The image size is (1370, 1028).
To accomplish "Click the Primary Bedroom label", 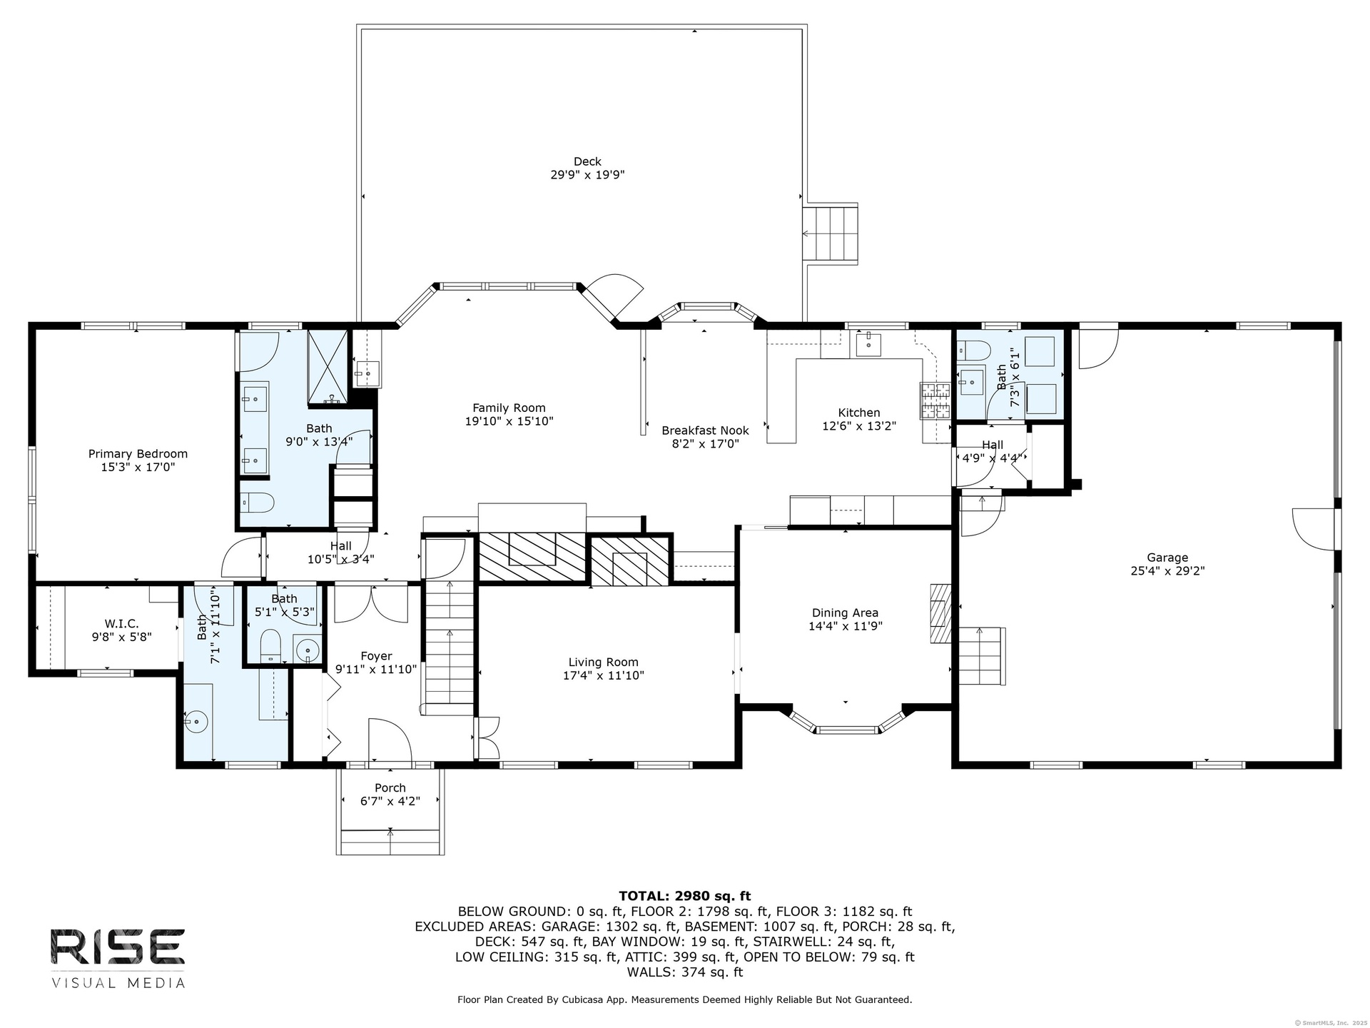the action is tap(138, 454).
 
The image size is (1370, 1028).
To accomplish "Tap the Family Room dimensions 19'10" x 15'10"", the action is tap(509, 422).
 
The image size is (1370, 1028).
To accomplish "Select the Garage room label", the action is tap(1167, 558).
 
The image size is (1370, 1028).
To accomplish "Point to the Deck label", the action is tap(587, 161).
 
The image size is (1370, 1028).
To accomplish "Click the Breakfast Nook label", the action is tap(705, 430).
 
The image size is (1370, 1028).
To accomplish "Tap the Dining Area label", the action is tap(845, 613).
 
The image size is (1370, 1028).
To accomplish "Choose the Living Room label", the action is tap(603, 662).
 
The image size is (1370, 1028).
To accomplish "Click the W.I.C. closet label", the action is tap(121, 624).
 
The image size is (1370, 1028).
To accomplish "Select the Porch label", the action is tap(390, 788).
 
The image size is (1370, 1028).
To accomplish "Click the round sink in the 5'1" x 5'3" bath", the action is tap(307, 650).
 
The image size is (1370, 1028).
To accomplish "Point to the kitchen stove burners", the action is tap(935, 401).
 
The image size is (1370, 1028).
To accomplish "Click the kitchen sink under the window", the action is tap(869, 345).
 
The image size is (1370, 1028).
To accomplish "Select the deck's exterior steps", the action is tap(830, 233).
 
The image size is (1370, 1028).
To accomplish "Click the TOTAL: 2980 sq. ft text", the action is tap(685, 896).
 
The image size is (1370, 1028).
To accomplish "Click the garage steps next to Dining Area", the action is tap(981, 655).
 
